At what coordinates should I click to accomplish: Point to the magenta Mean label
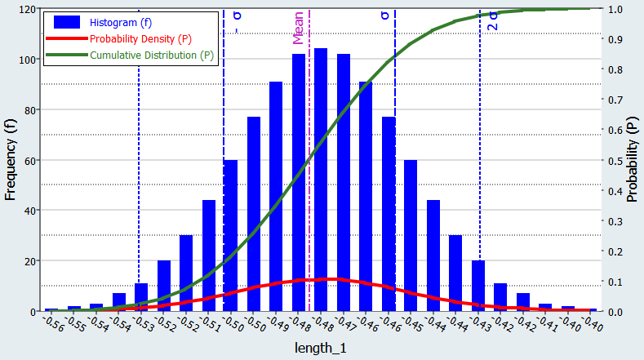coord(299,28)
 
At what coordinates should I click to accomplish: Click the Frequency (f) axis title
coord(11,159)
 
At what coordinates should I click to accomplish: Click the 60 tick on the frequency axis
coord(28,160)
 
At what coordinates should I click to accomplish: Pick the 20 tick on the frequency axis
coord(28,261)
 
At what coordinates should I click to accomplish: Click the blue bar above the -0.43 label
coord(477,286)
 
